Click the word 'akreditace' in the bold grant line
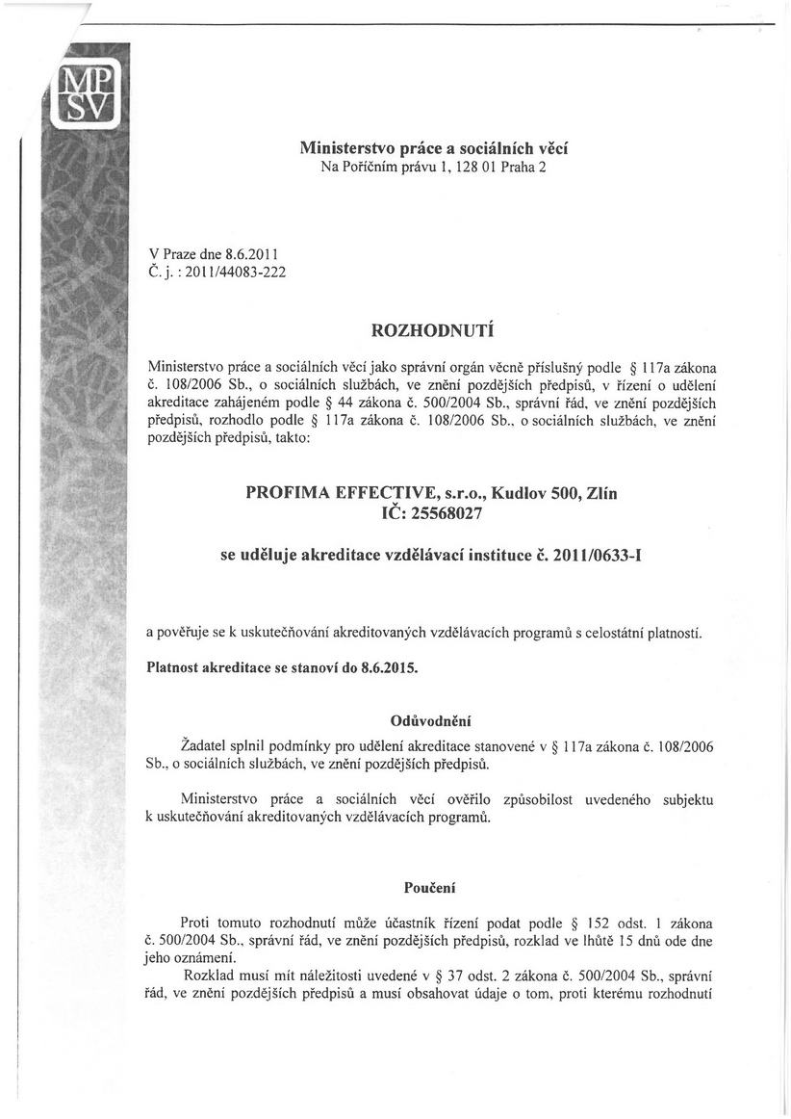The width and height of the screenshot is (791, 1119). pos(348,556)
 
